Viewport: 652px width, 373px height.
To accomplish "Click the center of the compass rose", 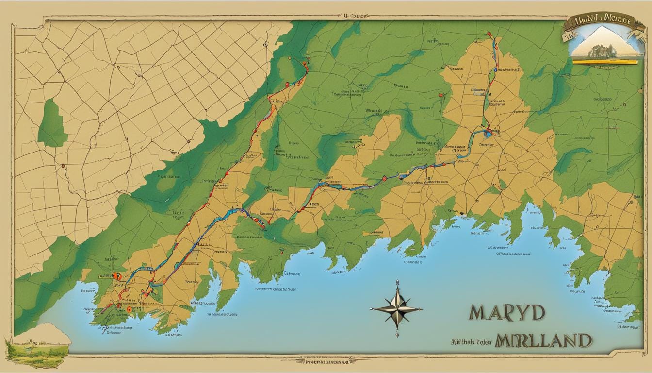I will (397, 309).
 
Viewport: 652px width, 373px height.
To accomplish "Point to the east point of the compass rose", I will (421, 309).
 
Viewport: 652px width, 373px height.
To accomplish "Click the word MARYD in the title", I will (506, 313).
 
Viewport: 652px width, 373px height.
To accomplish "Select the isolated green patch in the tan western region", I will (52, 123).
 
